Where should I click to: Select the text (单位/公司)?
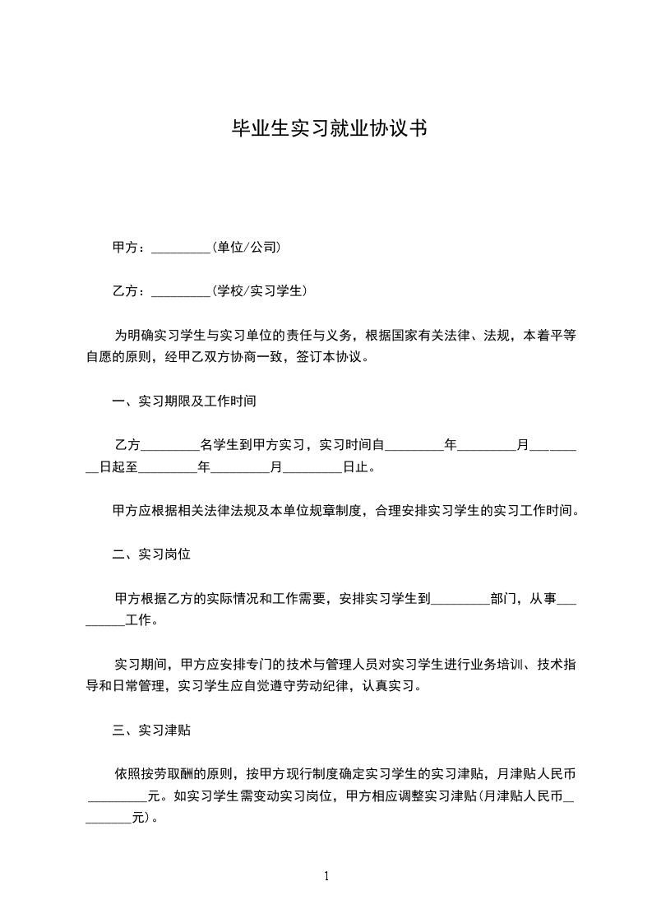247,247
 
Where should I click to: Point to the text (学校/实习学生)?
259,290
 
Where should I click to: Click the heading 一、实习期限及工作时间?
184,402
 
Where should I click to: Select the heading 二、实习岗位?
151,554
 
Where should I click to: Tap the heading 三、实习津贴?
151,730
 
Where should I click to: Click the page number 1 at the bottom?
326,876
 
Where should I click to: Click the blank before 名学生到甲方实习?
170,446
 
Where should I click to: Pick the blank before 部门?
460,599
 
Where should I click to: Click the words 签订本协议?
335,358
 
